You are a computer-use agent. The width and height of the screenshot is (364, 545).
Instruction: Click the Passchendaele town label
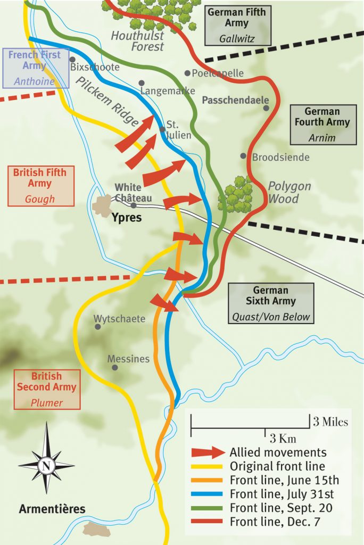tap(235, 100)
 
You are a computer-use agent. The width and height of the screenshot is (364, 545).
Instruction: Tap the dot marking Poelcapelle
tap(187, 73)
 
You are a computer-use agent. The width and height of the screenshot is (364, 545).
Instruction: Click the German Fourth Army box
tap(323, 125)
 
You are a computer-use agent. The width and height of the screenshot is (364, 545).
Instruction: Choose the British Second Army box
tap(47, 389)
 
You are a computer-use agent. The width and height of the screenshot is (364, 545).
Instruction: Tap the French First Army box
tap(35, 68)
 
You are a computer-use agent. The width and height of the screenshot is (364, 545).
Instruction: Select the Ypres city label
tap(127, 217)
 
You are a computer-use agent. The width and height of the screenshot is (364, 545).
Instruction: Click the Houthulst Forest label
tap(137, 41)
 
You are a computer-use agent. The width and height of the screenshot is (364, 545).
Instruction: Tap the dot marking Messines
tap(114, 367)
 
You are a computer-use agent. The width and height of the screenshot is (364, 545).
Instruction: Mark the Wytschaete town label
tap(120, 319)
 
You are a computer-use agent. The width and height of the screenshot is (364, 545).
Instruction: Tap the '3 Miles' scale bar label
tap(330, 422)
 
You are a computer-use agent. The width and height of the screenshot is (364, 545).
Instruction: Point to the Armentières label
tap(52, 509)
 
